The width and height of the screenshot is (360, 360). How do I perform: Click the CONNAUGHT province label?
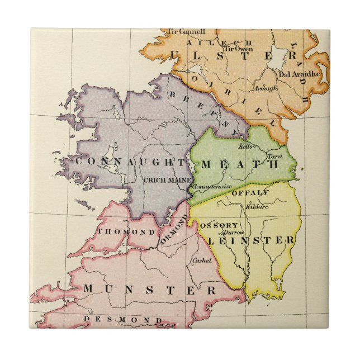130,162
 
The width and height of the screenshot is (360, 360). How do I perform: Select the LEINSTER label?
251,240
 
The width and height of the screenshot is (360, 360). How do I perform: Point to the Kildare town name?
257,206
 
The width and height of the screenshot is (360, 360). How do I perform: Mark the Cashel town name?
201,260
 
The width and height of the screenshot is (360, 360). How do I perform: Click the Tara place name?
274,156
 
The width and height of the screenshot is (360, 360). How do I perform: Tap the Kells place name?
245,146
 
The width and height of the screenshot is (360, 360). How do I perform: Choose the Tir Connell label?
187,31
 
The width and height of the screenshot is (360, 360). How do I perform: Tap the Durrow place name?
230,231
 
